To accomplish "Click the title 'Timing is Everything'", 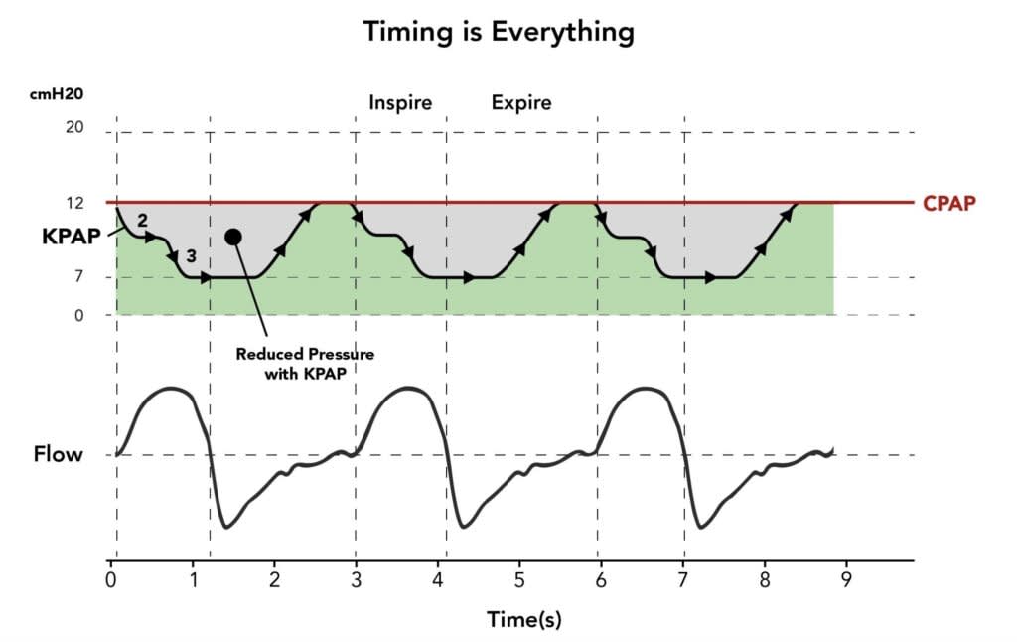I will point(498,31).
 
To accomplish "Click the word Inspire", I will point(400,102).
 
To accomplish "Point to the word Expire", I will point(521,102).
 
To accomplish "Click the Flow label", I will point(58,455).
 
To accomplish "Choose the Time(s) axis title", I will point(523,619).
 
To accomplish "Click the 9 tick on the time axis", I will point(847,577).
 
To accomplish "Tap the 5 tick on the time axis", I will point(519,577).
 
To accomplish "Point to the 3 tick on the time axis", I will point(355,577).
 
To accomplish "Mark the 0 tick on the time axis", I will point(110,577).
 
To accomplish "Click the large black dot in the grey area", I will point(233,237).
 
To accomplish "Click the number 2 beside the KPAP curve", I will point(142,220).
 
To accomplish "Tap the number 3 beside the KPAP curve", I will point(192,256).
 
